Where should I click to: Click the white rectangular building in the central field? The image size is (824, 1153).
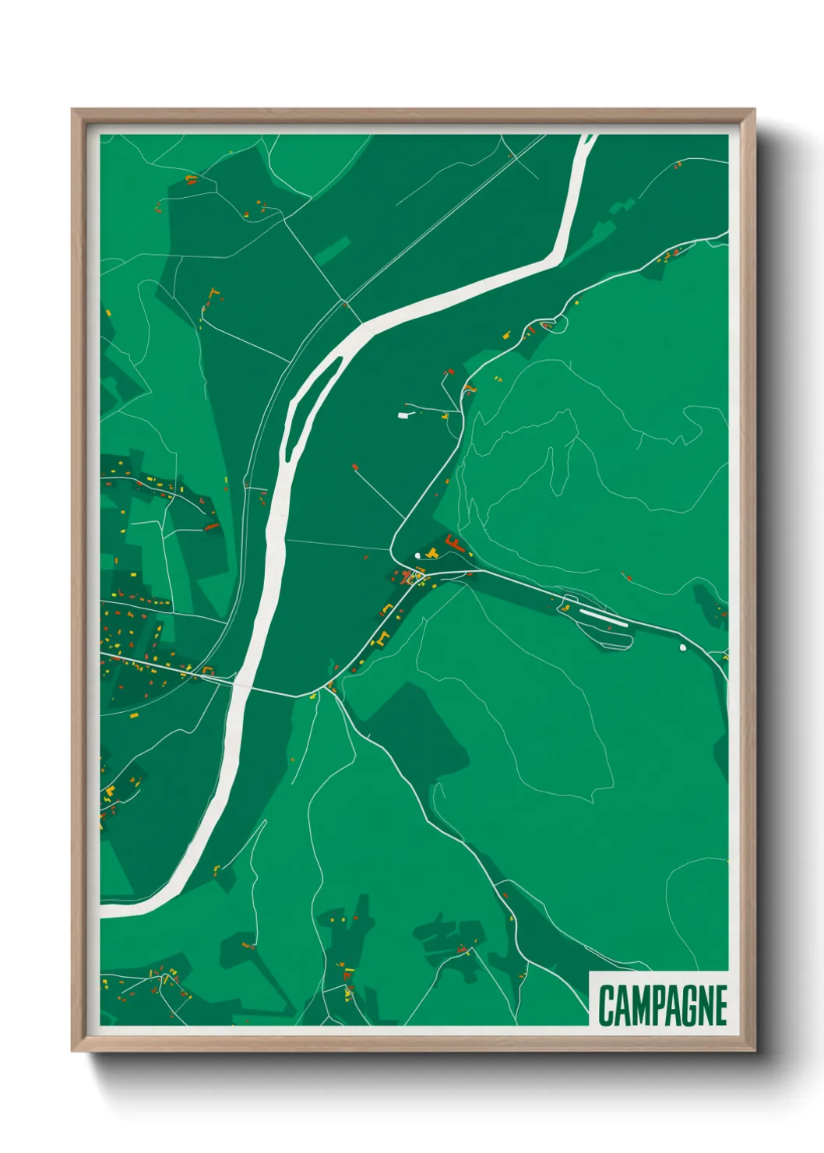pos(403,415)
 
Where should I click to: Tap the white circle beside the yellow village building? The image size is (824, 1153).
pos(417,555)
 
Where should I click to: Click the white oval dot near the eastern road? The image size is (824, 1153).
pos(683,647)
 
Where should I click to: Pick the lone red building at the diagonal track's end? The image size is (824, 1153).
pos(355,467)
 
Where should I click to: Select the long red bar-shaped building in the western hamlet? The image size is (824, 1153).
pos(211,527)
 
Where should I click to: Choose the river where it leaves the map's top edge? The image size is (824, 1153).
pos(587,138)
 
